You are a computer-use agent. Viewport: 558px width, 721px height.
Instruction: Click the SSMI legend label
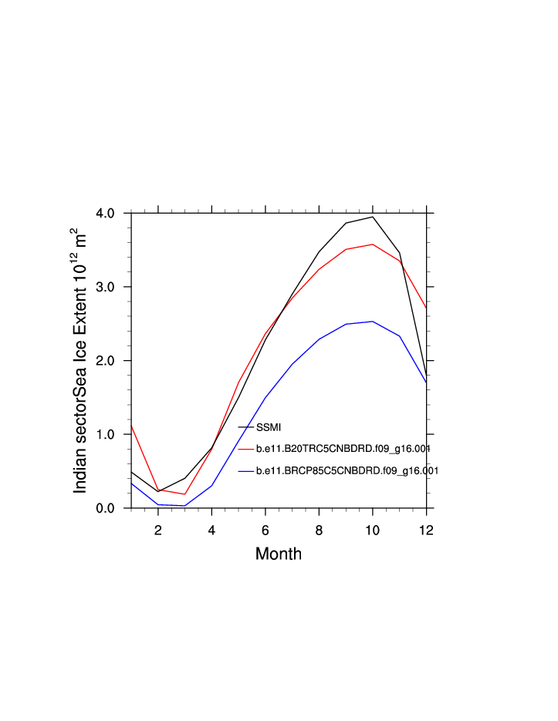pos(269,426)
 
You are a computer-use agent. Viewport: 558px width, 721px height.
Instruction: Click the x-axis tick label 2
pos(158,530)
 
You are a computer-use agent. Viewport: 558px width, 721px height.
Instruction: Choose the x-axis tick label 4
pos(211,530)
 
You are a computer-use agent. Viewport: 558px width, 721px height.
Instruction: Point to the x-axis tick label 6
pos(265,530)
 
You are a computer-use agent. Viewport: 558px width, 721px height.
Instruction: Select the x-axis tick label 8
pos(319,530)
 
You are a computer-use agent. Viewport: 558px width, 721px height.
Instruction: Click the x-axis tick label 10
pos(372,530)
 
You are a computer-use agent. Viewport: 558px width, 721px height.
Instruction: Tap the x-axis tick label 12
pos(426,530)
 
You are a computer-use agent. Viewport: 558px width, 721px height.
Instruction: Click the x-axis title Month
pos(279,554)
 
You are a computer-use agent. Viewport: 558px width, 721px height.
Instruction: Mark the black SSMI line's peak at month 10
pos(372,217)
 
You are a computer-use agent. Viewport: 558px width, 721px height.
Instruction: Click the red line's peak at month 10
pos(372,244)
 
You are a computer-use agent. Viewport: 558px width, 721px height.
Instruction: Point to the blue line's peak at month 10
pos(372,322)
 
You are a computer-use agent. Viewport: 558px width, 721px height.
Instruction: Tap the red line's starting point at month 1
pos(132,426)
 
